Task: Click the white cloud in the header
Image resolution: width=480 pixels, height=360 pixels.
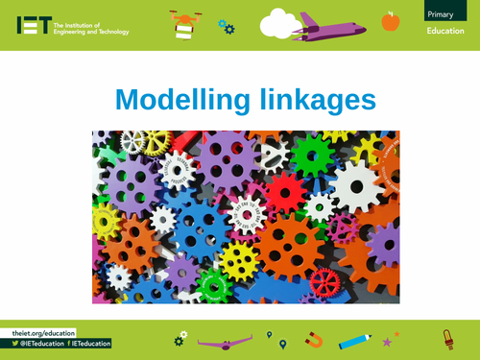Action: tap(279, 20)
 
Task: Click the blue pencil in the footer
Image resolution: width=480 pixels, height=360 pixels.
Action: tap(355, 339)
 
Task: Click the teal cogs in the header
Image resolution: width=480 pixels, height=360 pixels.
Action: tap(227, 26)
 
